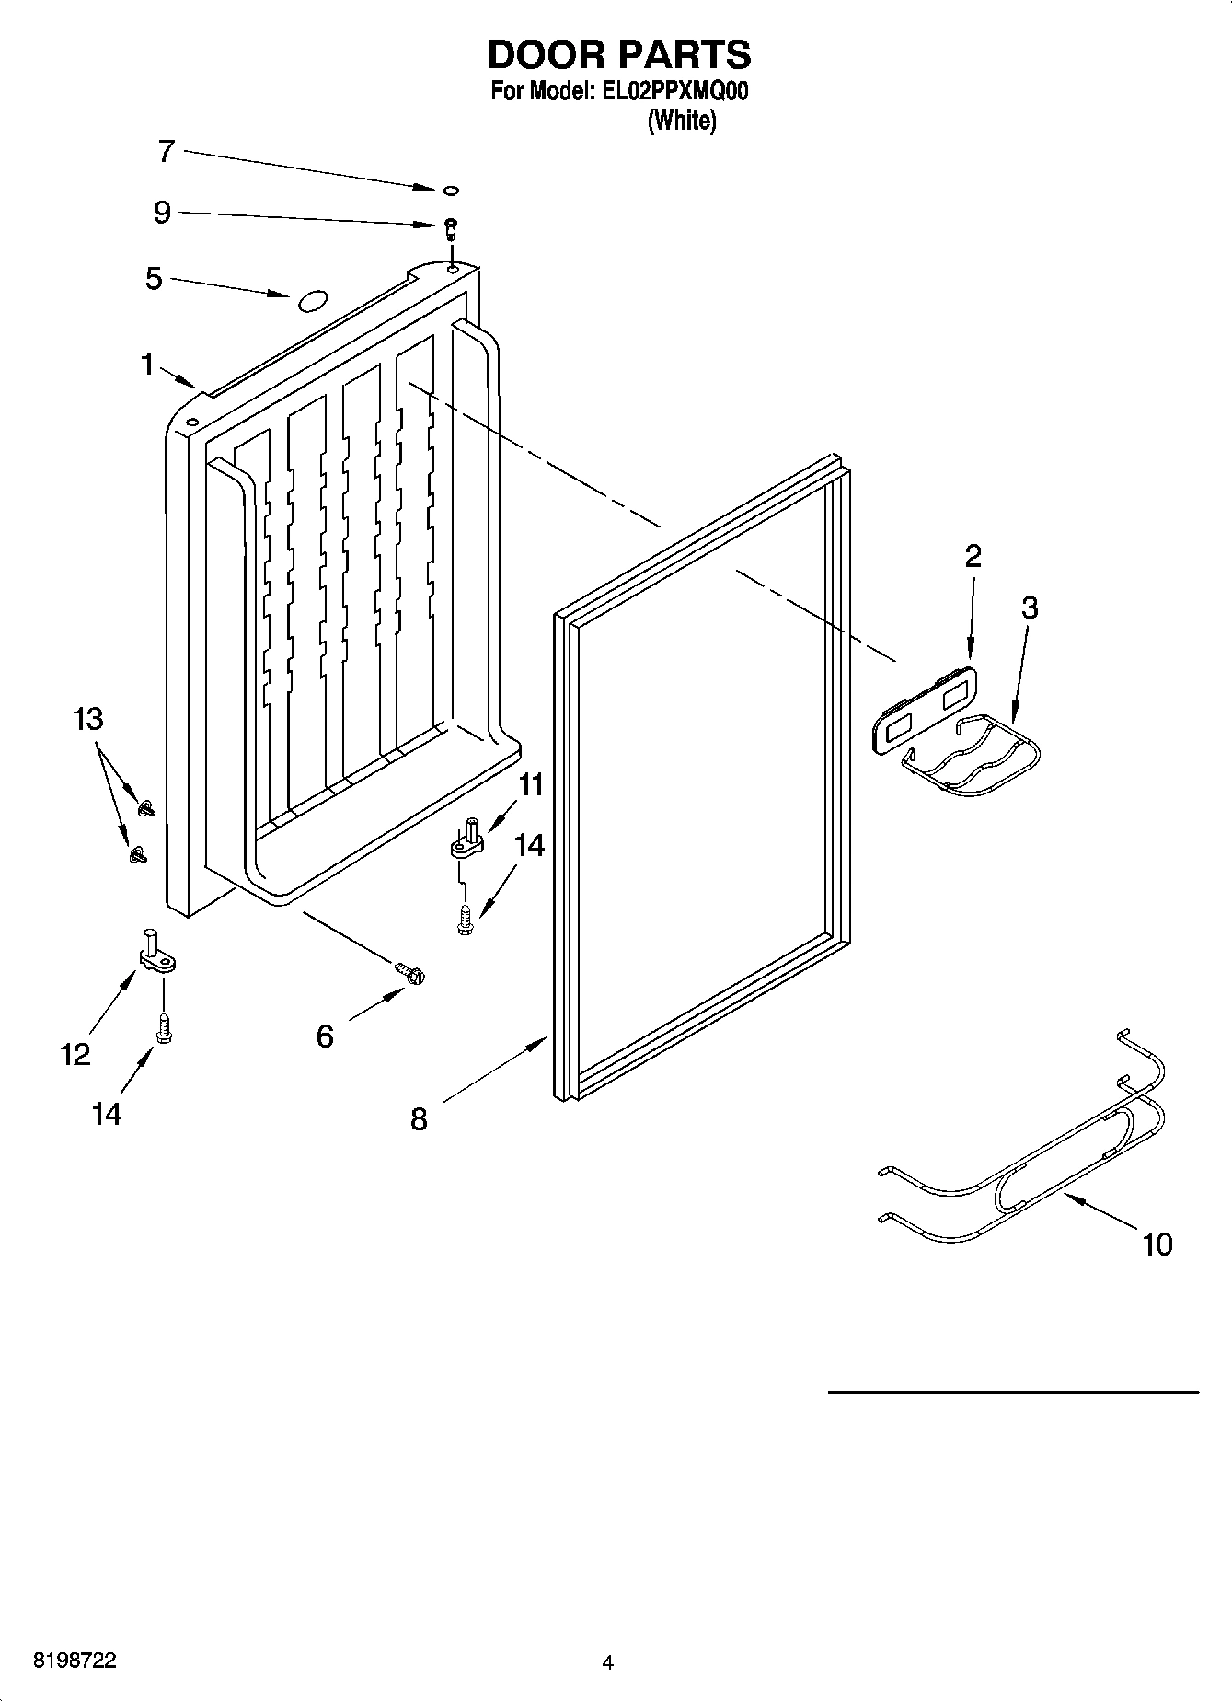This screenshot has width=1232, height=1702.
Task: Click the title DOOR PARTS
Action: click(x=618, y=55)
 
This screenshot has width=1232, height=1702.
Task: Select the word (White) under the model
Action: click(x=682, y=121)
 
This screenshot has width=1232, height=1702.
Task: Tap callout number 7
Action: click(x=166, y=151)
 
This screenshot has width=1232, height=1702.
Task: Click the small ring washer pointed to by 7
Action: click(x=451, y=191)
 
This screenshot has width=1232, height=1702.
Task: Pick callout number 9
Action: click(x=162, y=214)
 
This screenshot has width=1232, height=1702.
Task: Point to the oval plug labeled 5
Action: click(x=310, y=298)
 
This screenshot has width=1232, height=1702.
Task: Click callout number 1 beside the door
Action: click(x=147, y=365)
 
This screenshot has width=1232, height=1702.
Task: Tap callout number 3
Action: click(x=1030, y=608)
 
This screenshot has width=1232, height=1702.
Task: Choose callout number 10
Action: click(x=1157, y=1245)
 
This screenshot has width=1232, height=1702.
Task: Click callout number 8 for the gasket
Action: click(x=419, y=1119)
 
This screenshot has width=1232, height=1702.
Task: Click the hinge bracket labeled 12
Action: click(x=155, y=954)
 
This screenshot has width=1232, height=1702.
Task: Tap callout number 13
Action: click(x=88, y=719)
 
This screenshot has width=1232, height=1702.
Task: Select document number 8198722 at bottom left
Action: click(x=75, y=1661)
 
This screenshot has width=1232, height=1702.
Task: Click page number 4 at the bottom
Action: click(x=606, y=1662)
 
